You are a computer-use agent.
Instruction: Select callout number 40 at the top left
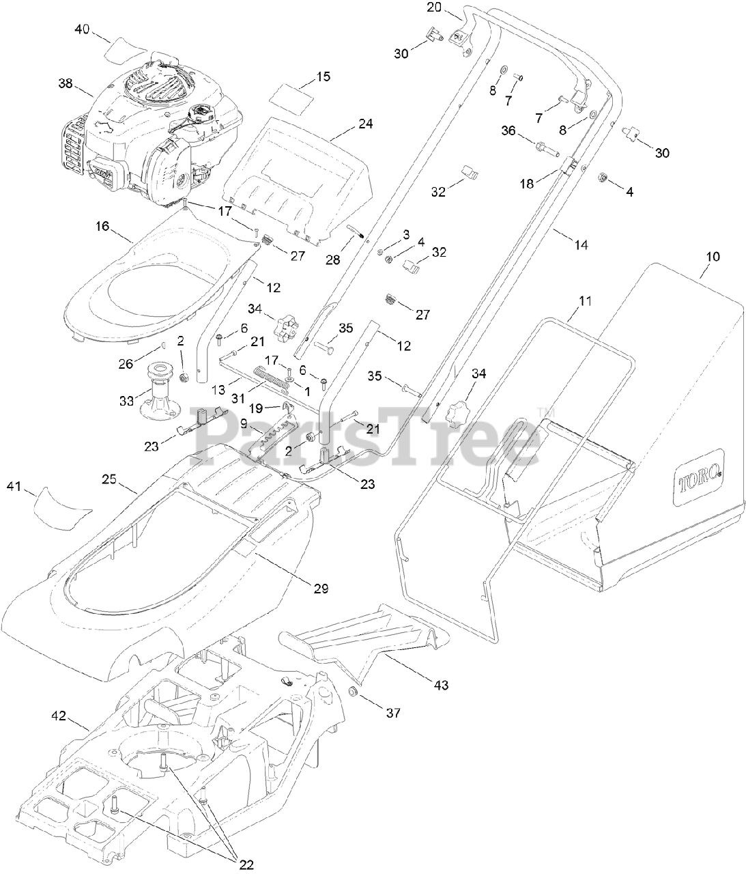[x=82, y=29]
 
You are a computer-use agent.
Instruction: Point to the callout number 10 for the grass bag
[x=713, y=257]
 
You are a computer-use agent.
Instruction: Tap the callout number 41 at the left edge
[x=14, y=486]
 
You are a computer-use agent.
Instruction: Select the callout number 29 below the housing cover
[x=321, y=587]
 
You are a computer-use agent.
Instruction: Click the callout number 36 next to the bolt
[x=508, y=130]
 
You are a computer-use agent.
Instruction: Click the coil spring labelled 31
[x=273, y=377]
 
